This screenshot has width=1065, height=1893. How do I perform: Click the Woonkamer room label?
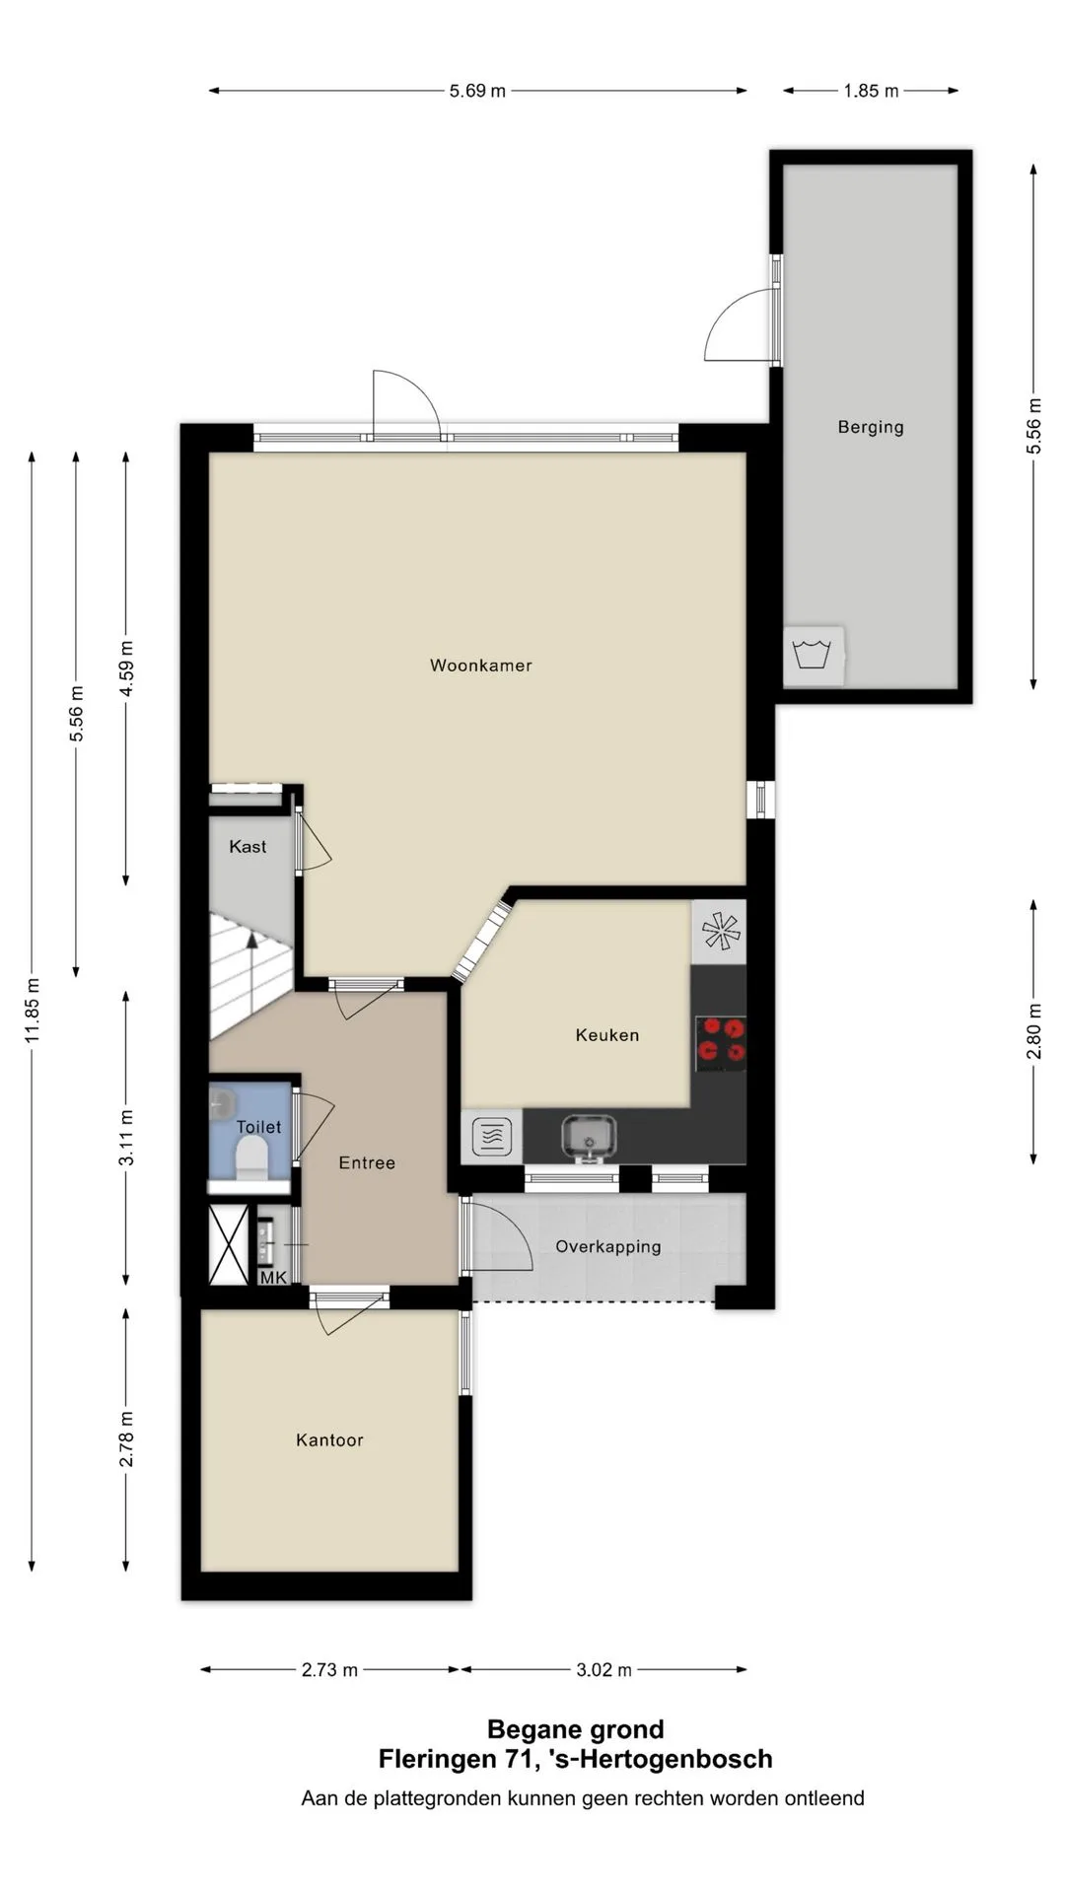(x=480, y=666)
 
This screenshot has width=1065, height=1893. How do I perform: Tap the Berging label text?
(x=871, y=427)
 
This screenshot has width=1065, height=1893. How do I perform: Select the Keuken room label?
(x=607, y=1035)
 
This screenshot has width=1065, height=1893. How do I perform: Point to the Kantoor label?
(x=329, y=1440)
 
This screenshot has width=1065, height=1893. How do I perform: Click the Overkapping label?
(x=608, y=1247)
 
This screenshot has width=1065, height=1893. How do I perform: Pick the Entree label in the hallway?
(x=367, y=1163)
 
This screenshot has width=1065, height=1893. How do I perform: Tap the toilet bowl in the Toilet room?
(x=252, y=1157)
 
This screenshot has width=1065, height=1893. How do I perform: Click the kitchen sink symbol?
(x=589, y=1137)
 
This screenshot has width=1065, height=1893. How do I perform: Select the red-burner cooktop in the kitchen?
(x=720, y=1043)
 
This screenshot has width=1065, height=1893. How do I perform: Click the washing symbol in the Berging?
(x=813, y=654)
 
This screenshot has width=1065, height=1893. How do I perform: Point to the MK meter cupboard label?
(x=273, y=1278)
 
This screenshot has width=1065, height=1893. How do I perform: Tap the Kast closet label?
(x=248, y=847)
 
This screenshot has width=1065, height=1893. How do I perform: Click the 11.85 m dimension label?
(x=33, y=1010)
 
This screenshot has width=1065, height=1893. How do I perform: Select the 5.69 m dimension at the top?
(x=477, y=91)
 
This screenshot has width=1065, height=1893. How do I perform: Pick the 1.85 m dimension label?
(x=871, y=91)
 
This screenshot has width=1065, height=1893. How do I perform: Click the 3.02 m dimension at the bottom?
(x=603, y=1669)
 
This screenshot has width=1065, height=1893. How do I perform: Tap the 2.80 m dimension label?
(x=1034, y=1031)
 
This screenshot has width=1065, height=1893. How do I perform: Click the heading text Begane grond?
(x=576, y=1729)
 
